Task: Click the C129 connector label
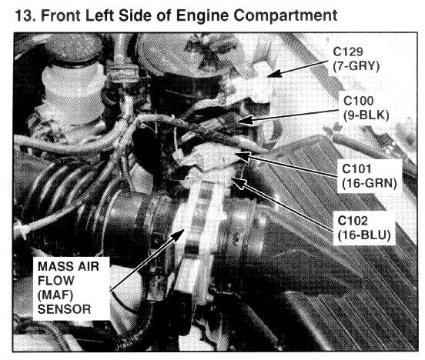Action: pos(348,52)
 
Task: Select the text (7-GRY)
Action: pos(356,66)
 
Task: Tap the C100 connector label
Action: pos(358,101)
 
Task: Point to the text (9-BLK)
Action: pos(366,115)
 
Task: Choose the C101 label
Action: pos(356,168)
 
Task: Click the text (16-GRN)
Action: pos(369,184)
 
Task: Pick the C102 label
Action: pos(353,221)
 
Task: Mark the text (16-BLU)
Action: pos(364,235)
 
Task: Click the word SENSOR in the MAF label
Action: pos(64,309)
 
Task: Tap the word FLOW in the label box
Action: pos(56,281)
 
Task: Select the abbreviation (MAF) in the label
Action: pos(55,295)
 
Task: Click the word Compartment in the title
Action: pos(285,16)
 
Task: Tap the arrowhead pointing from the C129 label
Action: pos(274,73)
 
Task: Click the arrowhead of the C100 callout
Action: pos(246,120)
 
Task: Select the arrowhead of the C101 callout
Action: pos(243,155)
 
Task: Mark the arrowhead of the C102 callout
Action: pos(238,182)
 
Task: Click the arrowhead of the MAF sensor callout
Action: pos(178,235)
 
